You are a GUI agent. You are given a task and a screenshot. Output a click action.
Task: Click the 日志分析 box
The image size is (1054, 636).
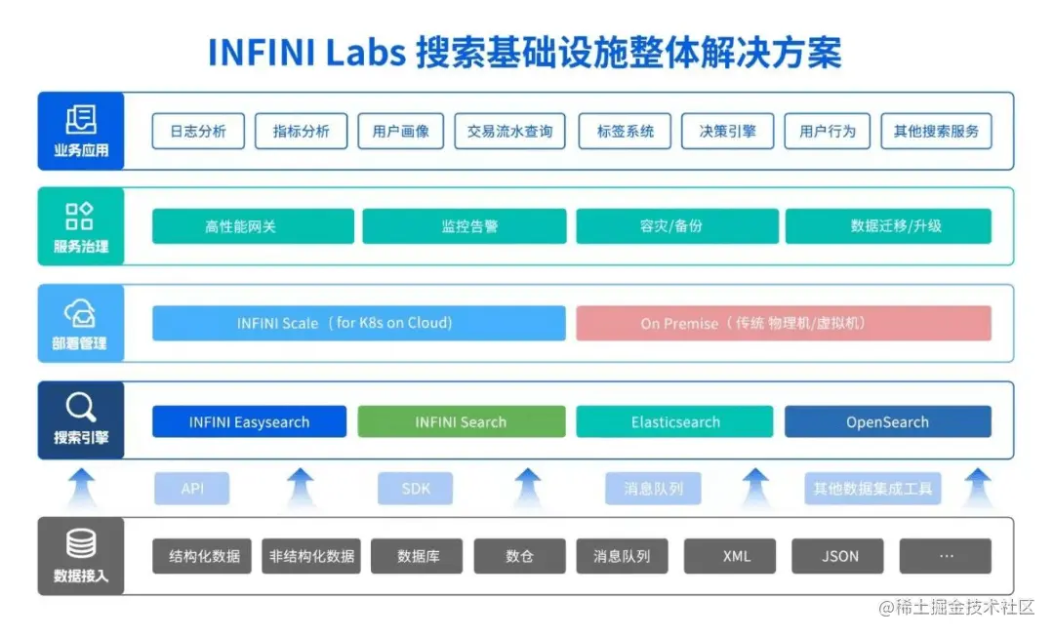tap(198, 132)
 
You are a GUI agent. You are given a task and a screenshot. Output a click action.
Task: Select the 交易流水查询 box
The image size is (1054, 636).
tap(509, 132)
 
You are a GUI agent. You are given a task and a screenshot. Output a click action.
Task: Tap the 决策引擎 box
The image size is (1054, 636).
tap(727, 132)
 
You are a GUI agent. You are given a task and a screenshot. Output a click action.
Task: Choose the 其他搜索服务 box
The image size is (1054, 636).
tap(936, 132)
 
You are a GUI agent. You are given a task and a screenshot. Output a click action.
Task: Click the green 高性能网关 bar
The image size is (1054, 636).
tap(253, 226)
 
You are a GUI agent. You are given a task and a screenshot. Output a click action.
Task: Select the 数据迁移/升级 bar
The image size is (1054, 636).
tap(888, 226)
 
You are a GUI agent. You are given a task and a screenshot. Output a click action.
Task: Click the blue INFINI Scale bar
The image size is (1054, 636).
tap(358, 323)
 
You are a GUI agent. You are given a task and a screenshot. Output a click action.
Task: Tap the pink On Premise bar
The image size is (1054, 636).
tap(783, 323)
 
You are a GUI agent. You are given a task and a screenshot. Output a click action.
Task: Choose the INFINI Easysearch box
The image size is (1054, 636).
tap(249, 422)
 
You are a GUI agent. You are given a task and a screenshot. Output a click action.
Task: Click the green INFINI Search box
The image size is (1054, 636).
tap(461, 422)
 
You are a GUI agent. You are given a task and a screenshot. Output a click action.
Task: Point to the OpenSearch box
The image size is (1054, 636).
tap(887, 422)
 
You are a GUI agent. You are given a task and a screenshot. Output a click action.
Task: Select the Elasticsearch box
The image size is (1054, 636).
tap(675, 422)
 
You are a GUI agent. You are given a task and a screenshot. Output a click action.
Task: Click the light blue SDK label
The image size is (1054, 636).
tap(416, 489)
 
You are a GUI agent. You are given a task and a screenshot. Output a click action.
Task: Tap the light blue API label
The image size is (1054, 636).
tap(192, 489)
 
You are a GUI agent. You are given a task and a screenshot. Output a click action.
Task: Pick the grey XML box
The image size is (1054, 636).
tap(736, 556)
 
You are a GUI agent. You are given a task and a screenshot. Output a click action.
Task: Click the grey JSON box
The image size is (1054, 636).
tap(839, 556)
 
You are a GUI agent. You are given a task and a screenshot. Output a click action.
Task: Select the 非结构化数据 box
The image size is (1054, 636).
tap(311, 556)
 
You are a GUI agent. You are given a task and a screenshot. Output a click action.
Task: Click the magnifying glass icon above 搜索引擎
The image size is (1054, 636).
tap(80, 406)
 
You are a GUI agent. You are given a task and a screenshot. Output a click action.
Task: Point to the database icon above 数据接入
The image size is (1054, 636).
tap(80, 543)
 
